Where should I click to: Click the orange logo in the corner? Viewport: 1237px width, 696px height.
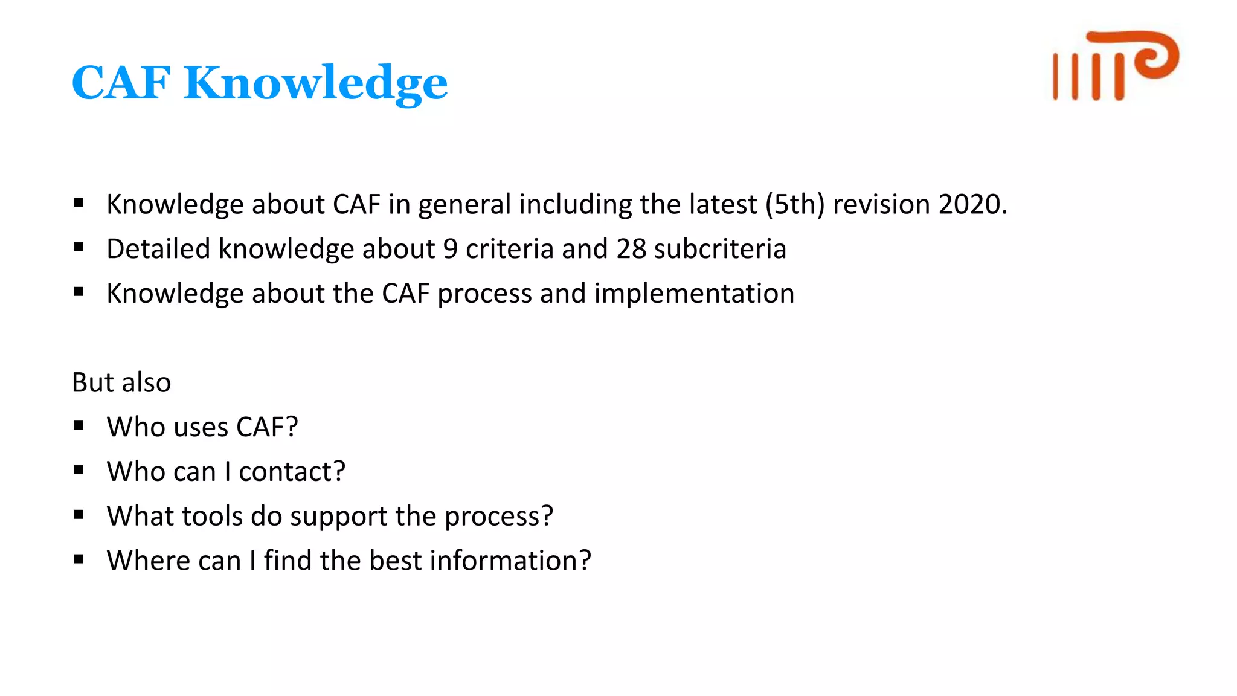(1115, 65)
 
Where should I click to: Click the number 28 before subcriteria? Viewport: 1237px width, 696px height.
(631, 249)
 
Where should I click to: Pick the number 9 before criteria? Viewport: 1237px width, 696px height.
(451, 249)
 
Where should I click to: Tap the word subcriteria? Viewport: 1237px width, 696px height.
(720, 249)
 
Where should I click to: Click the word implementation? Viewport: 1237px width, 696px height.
(694, 294)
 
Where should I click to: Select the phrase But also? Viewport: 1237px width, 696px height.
(121, 382)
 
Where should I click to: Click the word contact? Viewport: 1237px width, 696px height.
(292, 471)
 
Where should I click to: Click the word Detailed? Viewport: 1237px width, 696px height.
(158, 249)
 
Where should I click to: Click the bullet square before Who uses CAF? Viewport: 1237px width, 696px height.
(79, 426)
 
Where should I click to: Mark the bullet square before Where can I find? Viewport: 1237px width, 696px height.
(79, 559)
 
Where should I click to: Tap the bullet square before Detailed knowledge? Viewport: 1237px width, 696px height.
(79, 248)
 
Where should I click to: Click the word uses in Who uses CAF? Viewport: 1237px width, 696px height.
(201, 427)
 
